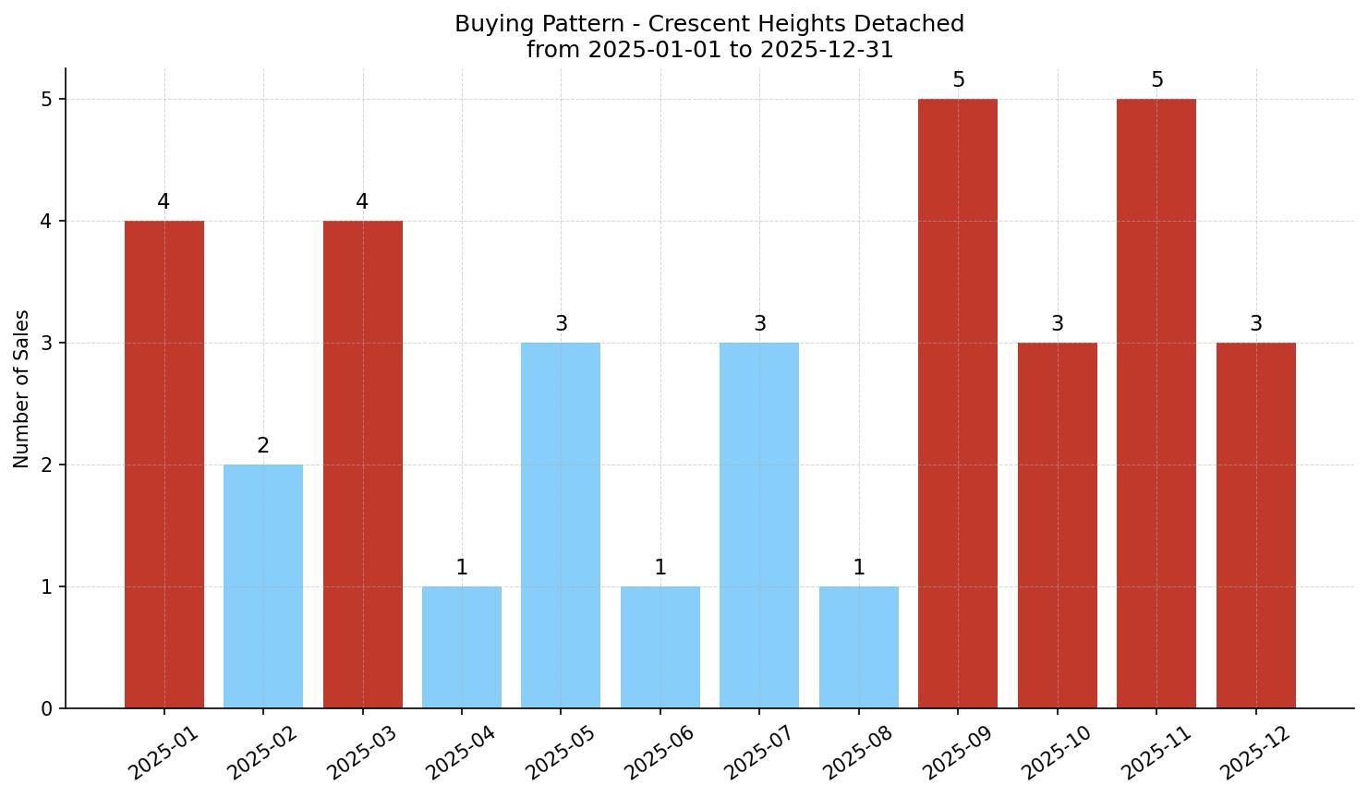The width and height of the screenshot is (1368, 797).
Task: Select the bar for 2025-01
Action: (164, 465)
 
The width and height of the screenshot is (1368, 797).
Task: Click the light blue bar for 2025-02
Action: (263, 586)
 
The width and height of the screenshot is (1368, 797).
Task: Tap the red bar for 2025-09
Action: (958, 404)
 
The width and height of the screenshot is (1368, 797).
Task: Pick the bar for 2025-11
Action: (1156, 404)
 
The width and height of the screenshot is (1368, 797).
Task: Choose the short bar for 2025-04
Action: (462, 647)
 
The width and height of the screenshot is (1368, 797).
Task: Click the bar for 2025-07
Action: (759, 525)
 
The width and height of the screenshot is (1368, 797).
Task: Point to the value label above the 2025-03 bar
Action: (362, 202)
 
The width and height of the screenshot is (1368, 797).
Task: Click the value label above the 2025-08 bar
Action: (859, 568)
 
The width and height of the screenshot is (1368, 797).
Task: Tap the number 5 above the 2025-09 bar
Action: (958, 80)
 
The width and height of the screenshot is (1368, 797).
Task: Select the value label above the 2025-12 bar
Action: (1256, 324)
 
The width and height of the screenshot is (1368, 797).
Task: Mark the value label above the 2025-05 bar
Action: (561, 324)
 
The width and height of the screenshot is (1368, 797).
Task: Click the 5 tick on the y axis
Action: (47, 99)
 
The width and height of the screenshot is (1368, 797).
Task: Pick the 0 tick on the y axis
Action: (47, 708)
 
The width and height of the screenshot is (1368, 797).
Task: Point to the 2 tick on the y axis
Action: (47, 465)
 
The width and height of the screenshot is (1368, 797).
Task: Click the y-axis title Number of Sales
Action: (22, 389)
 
